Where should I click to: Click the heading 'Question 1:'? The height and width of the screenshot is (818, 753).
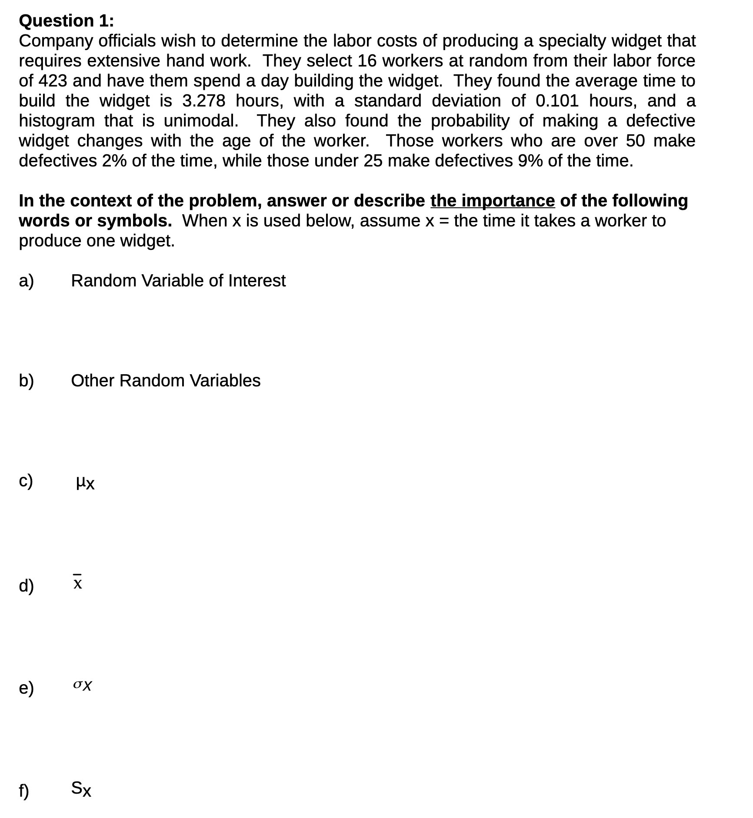click(66, 21)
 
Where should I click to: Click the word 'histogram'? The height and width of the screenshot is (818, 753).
click(57, 121)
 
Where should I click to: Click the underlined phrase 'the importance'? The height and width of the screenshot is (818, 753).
click(492, 201)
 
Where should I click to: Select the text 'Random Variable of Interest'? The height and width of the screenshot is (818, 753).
click(178, 281)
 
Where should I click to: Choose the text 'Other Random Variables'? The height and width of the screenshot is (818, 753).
click(165, 381)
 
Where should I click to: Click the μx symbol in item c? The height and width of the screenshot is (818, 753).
click(85, 482)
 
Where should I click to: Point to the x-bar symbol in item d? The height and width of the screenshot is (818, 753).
click(77, 582)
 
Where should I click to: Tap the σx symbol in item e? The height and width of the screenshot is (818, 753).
click(82, 685)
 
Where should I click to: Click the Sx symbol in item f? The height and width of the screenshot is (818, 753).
click(81, 788)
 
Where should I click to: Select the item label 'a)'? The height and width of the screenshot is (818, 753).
click(26, 281)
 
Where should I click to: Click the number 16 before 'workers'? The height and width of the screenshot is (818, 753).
click(367, 61)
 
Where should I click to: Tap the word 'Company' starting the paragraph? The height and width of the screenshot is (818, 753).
click(56, 41)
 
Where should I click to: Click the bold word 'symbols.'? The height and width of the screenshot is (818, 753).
click(134, 221)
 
